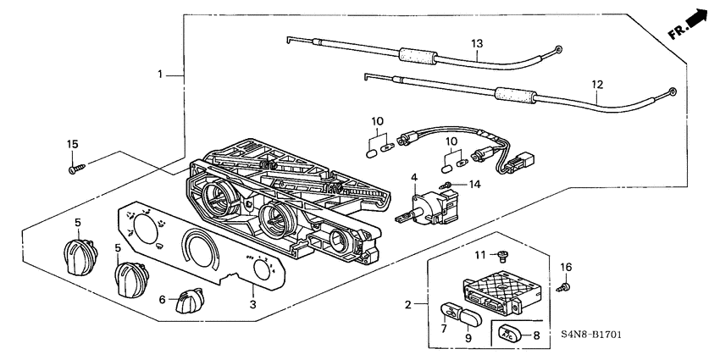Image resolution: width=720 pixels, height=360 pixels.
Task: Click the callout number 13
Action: coord(476,42)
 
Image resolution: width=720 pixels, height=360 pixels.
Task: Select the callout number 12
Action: coord(597,85)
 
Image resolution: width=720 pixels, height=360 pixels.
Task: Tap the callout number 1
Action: coord(160,75)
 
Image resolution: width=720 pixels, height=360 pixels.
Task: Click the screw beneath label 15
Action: coord(73,169)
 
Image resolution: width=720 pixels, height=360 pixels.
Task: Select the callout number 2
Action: coord(411,303)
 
